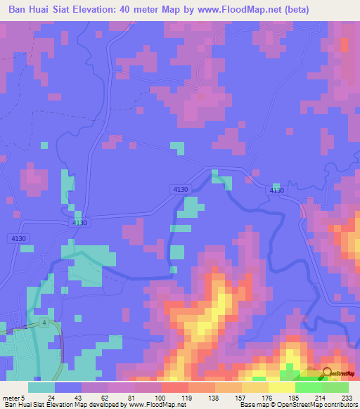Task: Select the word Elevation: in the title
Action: click(104, 10)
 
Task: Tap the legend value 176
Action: click(266, 398)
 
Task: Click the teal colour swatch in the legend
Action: click(41, 387)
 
